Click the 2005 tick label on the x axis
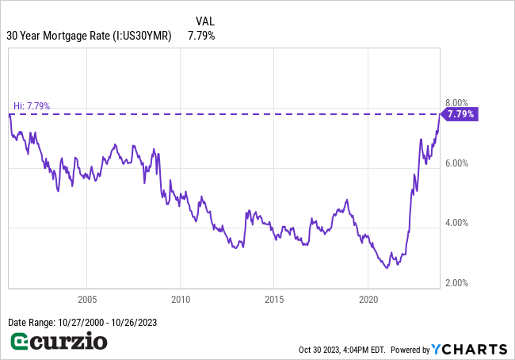tap(86, 299)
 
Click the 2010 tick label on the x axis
tap(180, 299)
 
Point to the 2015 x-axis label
tap(273, 299)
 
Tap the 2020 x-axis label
tap(368, 299)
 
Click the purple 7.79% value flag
tap(460, 114)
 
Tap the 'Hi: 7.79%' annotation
tap(32, 105)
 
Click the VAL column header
tap(204, 21)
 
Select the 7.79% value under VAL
tap(201, 36)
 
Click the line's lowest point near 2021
tap(387, 268)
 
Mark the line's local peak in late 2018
tap(347, 200)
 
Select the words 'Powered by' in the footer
tap(410, 350)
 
